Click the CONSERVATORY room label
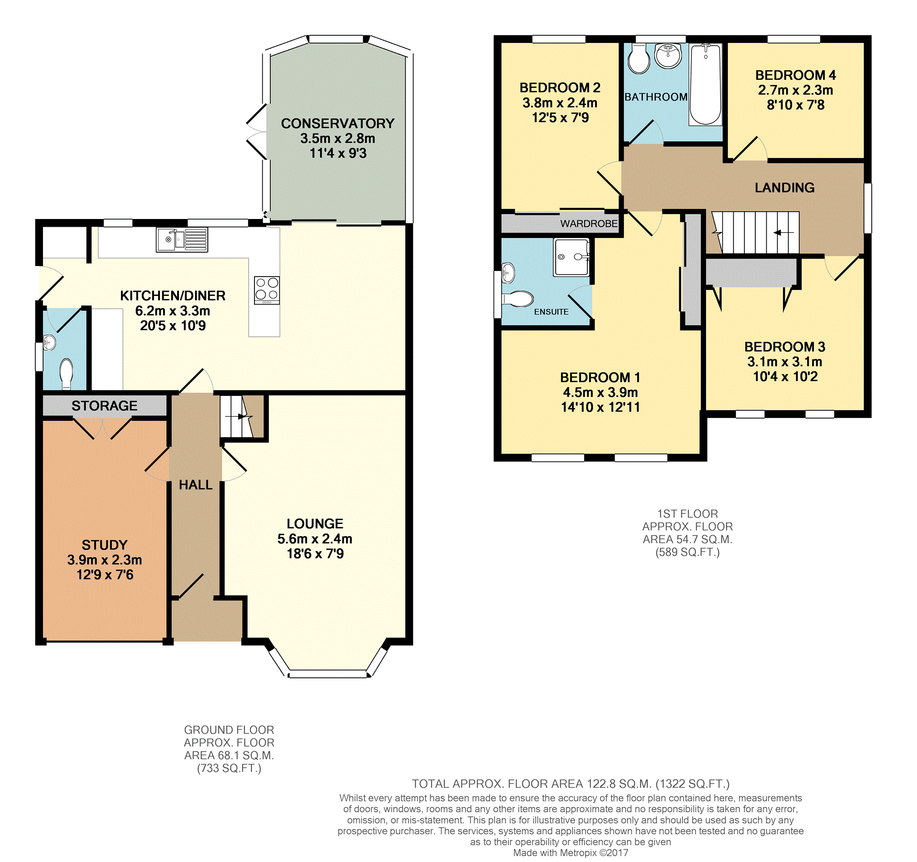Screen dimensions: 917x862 point(338,124)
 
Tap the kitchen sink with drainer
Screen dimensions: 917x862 point(182,240)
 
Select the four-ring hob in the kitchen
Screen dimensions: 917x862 point(267,291)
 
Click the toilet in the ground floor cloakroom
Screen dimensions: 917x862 point(67,374)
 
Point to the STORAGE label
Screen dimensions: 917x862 point(104,405)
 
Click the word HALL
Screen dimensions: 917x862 point(196,485)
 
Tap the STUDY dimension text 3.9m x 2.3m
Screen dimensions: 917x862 point(105,560)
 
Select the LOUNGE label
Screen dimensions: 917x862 point(315,524)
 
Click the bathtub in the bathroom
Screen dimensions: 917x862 point(705,85)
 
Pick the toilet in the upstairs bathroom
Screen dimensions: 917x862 point(639,59)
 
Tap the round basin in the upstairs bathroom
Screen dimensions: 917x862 point(668,56)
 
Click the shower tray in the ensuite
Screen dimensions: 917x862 point(572,257)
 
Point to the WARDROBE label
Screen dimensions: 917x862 point(589,224)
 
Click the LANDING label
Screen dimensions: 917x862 point(785,188)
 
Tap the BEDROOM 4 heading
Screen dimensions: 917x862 point(796,75)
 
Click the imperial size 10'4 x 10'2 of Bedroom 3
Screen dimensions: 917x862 point(785,376)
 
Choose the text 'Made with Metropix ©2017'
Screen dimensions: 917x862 point(571,853)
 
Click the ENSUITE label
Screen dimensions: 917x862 point(551,312)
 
